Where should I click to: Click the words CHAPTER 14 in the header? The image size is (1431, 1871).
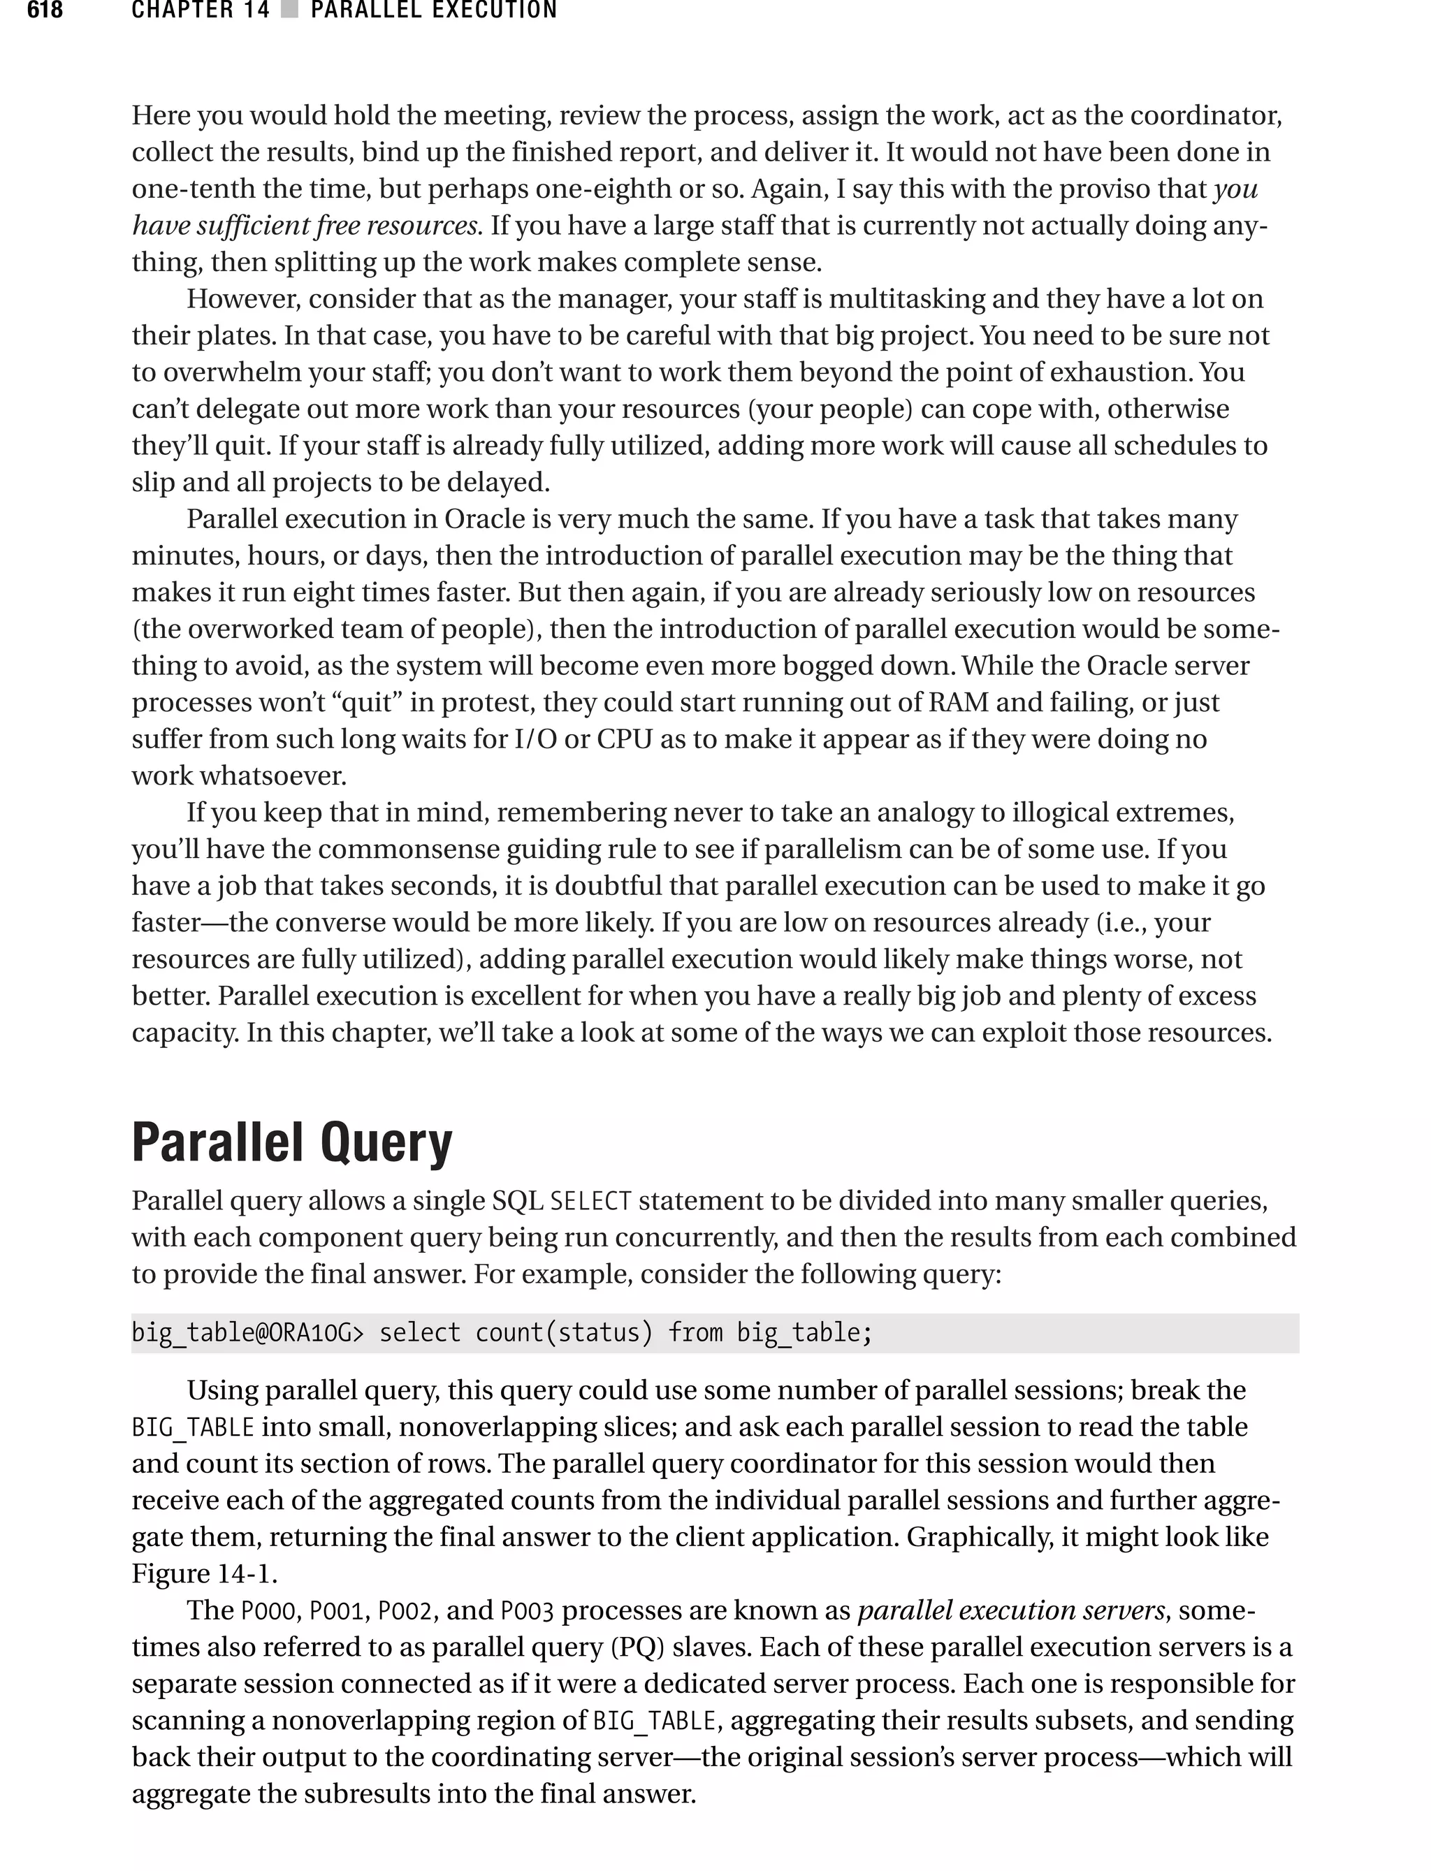pyautogui.click(x=200, y=10)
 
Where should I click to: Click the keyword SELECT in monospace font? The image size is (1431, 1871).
pyautogui.click(x=590, y=1202)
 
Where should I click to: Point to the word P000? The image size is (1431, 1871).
pyautogui.click(x=268, y=1611)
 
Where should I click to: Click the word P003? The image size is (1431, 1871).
pyautogui.click(x=528, y=1611)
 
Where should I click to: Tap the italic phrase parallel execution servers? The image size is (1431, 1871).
pyautogui.click(x=1011, y=1611)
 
